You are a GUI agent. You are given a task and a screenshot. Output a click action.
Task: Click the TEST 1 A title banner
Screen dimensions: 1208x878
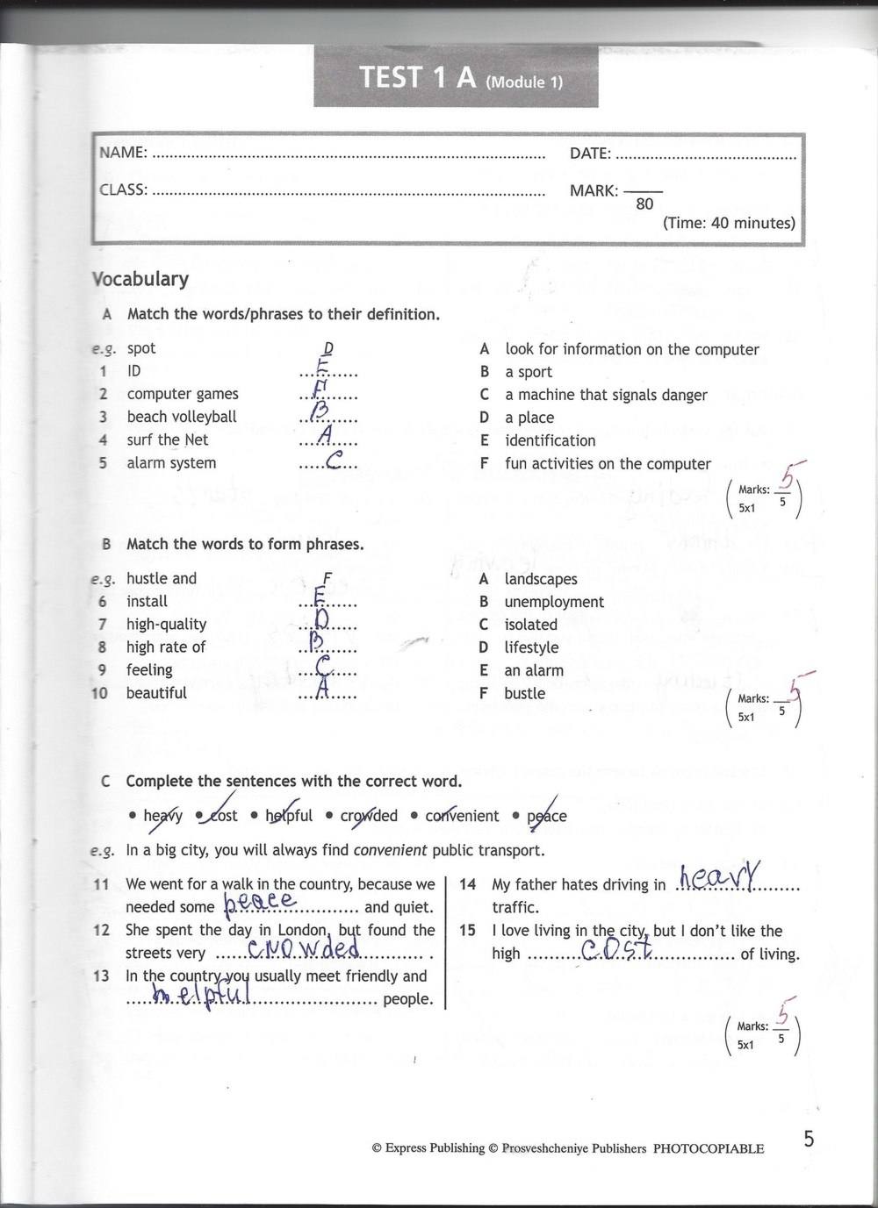tap(456, 80)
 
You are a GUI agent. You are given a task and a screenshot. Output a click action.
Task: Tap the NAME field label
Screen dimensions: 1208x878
tap(123, 153)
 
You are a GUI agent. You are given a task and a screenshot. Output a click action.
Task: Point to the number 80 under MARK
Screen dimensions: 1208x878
tap(644, 204)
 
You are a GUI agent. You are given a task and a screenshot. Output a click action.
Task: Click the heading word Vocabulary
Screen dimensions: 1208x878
tap(140, 279)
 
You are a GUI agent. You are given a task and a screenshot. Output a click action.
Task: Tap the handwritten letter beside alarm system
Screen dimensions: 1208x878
tap(334, 461)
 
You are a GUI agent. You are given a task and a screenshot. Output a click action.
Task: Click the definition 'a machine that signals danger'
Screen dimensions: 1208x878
tap(606, 395)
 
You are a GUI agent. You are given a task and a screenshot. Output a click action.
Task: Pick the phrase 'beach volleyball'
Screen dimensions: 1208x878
tap(182, 417)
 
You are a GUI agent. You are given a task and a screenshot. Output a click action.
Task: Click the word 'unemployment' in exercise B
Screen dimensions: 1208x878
tap(554, 602)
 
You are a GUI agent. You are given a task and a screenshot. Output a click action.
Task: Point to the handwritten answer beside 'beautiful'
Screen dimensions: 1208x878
tap(322, 690)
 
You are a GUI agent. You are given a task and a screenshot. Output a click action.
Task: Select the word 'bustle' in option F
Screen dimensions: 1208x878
tap(524, 693)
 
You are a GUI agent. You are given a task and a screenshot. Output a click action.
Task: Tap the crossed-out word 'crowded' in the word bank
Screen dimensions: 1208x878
tap(369, 816)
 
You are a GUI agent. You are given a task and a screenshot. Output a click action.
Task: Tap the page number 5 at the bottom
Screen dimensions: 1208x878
tap(809, 1139)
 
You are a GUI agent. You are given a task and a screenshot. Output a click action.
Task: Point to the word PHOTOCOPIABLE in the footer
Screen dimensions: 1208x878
tap(709, 1148)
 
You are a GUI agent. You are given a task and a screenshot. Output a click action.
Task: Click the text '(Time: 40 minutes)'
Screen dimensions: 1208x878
tap(729, 223)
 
